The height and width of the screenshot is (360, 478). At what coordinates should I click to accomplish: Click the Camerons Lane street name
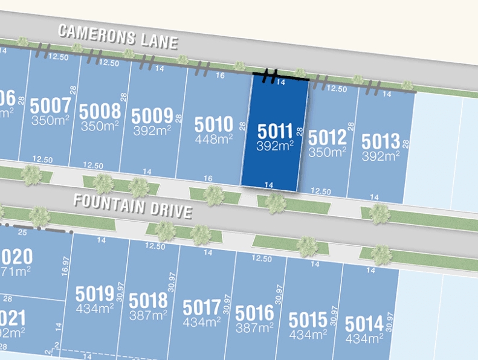[118, 37]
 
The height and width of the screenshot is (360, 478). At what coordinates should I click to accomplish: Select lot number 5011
[275, 131]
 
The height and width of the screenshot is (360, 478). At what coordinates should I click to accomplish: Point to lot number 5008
[100, 112]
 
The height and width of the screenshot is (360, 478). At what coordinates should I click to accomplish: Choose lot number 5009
[152, 115]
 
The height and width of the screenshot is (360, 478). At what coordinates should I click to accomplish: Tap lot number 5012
[328, 138]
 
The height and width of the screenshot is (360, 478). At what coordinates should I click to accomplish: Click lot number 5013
[381, 142]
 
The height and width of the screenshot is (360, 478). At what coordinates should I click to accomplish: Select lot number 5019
[95, 294]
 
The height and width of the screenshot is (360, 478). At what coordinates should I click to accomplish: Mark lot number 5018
[149, 300]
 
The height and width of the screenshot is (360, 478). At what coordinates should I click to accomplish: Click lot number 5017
[202, 307]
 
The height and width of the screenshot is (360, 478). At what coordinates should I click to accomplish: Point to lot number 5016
[254, 313]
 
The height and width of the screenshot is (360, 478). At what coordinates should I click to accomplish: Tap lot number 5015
[308, 319]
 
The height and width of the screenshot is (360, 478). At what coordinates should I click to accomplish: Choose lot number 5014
[364, 324]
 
